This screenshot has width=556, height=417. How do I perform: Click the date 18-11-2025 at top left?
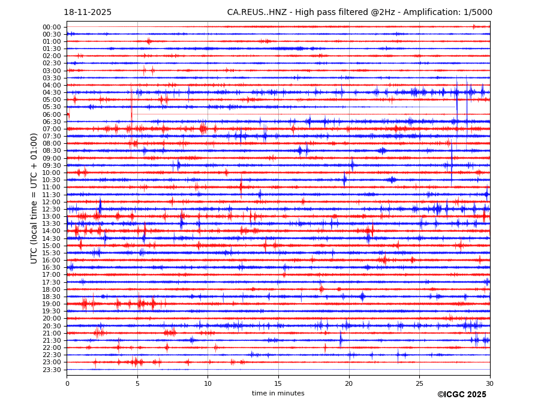pyautogui.click(x=88, y=13)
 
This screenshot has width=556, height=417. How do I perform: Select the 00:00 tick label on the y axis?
pyautogui.click(x=52, y=27)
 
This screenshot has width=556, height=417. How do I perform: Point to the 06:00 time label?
pyautogui.click(x=52, y=114)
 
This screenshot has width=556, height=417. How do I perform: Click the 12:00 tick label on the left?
pyautogui.click(x=52, y=202)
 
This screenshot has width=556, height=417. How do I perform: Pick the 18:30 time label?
pyautogui.click(x=52, y=297)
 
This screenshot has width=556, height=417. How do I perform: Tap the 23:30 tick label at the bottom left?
pyautogui.click(x=52, y=370)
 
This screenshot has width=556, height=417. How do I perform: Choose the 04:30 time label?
pyautogui.click(x=52, y=92)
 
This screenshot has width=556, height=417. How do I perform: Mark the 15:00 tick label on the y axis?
pyautogui.click(x=52, y=246)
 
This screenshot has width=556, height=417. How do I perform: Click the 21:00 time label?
pyautogui.click(x=52, y=333)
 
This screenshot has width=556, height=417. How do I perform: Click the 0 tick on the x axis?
pyautogui.click(x=67, y=383)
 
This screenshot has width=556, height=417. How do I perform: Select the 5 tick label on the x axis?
pyautogui.click(x=137, y=383)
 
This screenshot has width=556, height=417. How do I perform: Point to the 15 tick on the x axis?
pyautogui.click(x=278, y=383)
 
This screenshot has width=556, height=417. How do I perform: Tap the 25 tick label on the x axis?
pyautogui.click(x=419, y=383)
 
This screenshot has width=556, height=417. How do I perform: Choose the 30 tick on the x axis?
pyautogui.click(x=489, y=383)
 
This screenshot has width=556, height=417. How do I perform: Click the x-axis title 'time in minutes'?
pyautogui.click(x=278, y=393)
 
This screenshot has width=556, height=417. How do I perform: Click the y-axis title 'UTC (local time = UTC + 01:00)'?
pyautogui.click(x=34, y=198)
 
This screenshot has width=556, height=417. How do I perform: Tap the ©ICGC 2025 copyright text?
pyautogui.click(x=461, y=395)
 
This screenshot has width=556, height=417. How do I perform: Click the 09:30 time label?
pyautogui.click(x=52, y=165)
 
